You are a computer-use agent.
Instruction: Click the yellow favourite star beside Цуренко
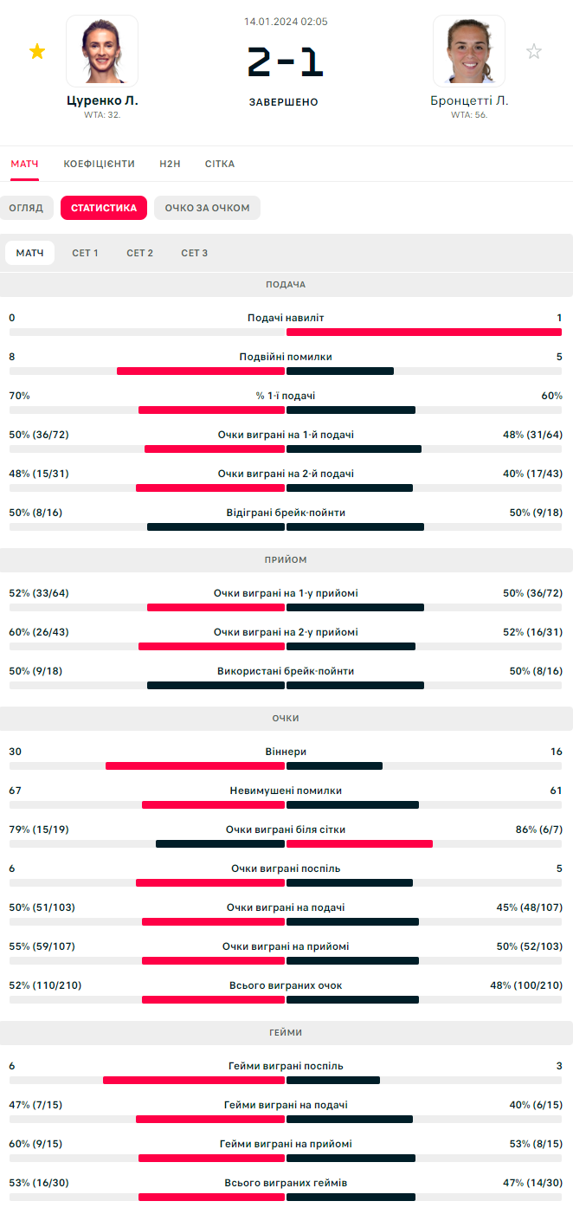click(x=37, y=52)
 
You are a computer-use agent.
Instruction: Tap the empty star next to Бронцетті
click(x=534, y=52)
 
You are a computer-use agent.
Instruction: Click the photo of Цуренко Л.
click(x=102, y=50)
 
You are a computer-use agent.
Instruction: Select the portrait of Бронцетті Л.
click(x=469, y=50)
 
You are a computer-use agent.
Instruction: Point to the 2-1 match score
click(x=285, y=62)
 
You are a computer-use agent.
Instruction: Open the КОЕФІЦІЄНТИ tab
click(x=99, y=164)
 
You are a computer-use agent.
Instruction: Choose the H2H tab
click(x=170, y=164)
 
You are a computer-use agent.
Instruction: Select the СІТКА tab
click(x=220, y=164)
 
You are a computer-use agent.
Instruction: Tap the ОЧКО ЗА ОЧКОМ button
click(x=207, y=208)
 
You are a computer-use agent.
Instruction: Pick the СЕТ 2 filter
click(x=139, y=253)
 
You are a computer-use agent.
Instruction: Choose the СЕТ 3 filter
click(x=194, y=253)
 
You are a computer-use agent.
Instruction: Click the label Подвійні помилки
click(x=286, y=357)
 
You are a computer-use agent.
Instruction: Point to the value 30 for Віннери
click(x=16, y=752)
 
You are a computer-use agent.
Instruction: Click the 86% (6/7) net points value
click(x=538, y=830)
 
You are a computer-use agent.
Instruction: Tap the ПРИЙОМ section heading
click(x=286, y=560)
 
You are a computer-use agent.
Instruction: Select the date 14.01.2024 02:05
click(x=286, y=22)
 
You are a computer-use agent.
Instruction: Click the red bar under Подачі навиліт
click(x=423, y=332)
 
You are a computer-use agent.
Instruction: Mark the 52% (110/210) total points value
click(x=45, y=985)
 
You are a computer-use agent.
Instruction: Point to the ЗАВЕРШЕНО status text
click(x=284, y=102)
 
